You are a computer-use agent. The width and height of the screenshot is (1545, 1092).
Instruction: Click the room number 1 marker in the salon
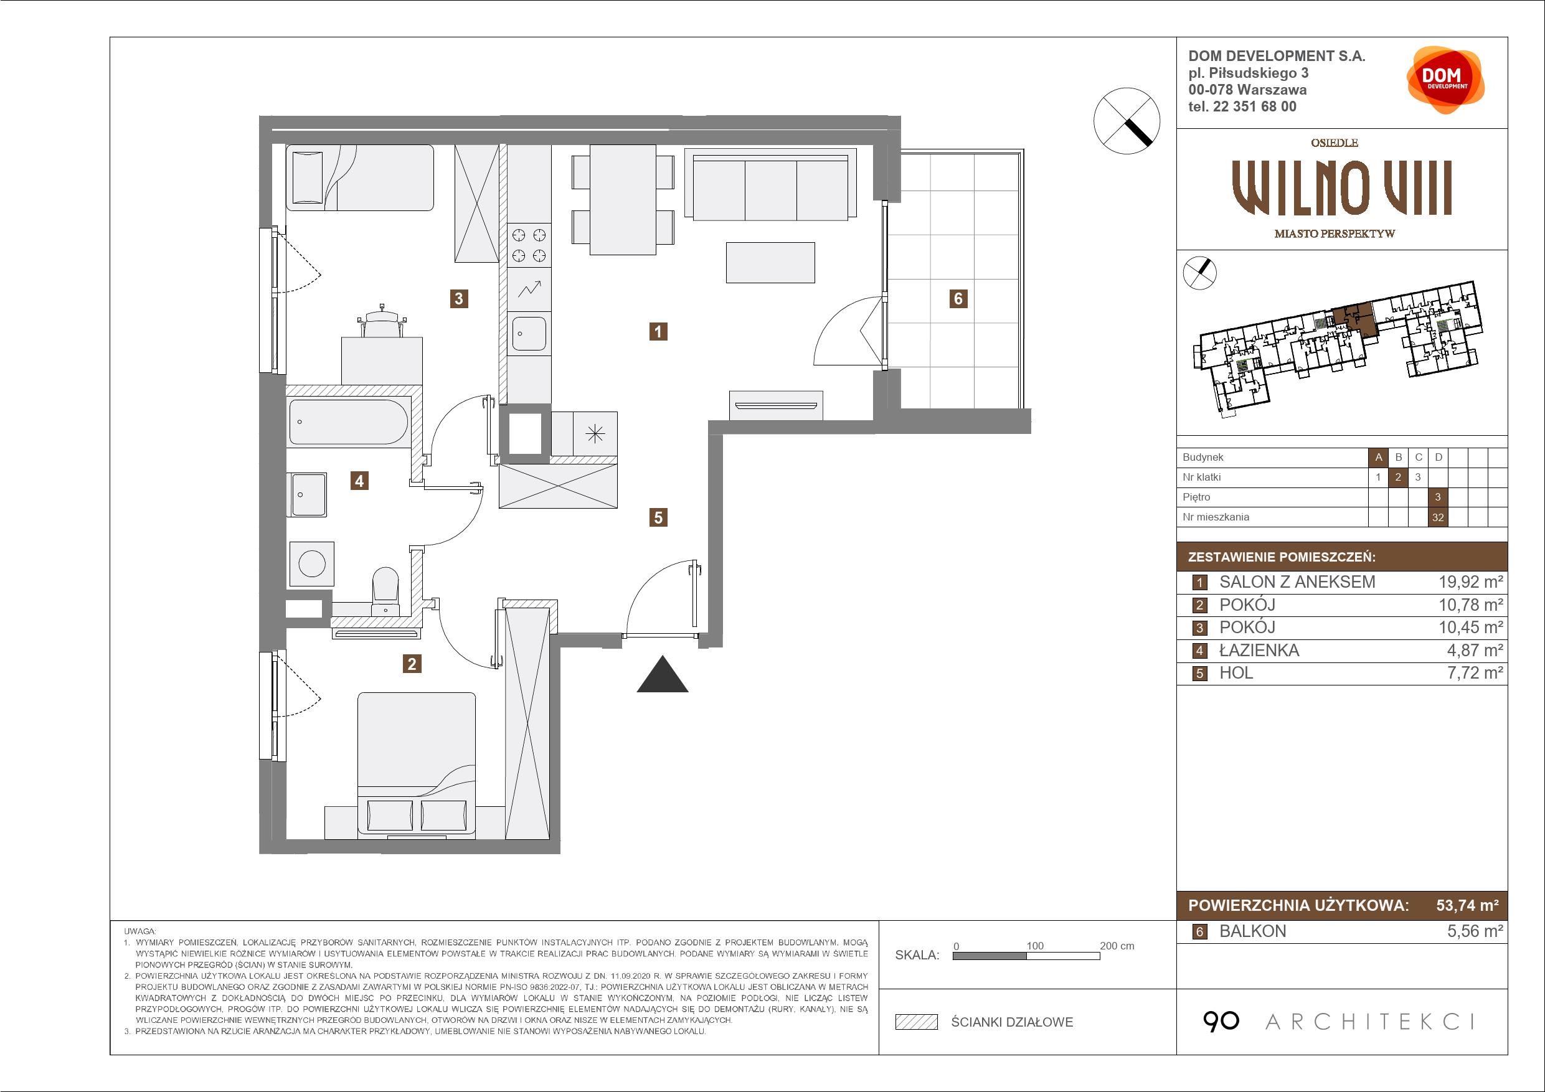[x=658, y=331]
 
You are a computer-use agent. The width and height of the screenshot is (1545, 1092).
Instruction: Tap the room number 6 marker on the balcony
[x=958, y=298]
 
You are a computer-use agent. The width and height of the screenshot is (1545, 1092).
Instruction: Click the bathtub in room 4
[x=349, y=422]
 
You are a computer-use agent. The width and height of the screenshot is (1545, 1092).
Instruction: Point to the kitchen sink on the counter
[x=529, y=334]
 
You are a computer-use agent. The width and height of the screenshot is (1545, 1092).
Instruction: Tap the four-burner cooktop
[x=529, y=245]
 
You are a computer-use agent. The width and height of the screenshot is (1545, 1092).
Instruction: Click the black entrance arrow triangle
[x=662, y=674]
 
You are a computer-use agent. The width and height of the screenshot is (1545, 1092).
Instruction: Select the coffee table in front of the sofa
[x=770, y=262]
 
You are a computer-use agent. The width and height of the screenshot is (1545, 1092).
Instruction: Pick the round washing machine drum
[x=311, y=563]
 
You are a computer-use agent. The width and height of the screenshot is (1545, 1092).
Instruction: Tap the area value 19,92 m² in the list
[x=1471, y=582]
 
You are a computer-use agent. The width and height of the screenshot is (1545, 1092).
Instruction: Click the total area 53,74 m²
[x=1468, y=905]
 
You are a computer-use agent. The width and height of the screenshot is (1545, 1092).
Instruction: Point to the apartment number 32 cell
[x=1438, y=517]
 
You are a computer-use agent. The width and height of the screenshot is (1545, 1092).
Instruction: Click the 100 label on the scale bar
[x=1035, y=945]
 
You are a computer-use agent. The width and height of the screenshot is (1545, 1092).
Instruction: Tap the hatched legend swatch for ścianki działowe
[x=917, y=1022]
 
